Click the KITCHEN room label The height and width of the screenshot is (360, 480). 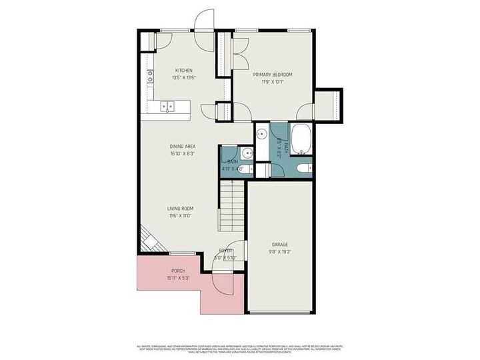(184, 71)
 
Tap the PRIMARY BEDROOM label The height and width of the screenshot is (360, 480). (273, 75)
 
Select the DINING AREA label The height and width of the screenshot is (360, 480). (182, 147)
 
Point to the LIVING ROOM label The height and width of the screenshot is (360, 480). (180, 209)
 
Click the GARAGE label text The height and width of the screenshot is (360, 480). (280, 245)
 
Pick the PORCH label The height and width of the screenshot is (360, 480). (178, 271)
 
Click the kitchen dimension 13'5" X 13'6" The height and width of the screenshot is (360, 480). (184, 78)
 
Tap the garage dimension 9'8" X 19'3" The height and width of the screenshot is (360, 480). (280, 252)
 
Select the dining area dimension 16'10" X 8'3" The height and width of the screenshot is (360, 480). (182, 154)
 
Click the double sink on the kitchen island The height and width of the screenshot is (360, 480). (167, 106)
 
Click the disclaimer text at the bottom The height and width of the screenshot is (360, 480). (240, 349)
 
